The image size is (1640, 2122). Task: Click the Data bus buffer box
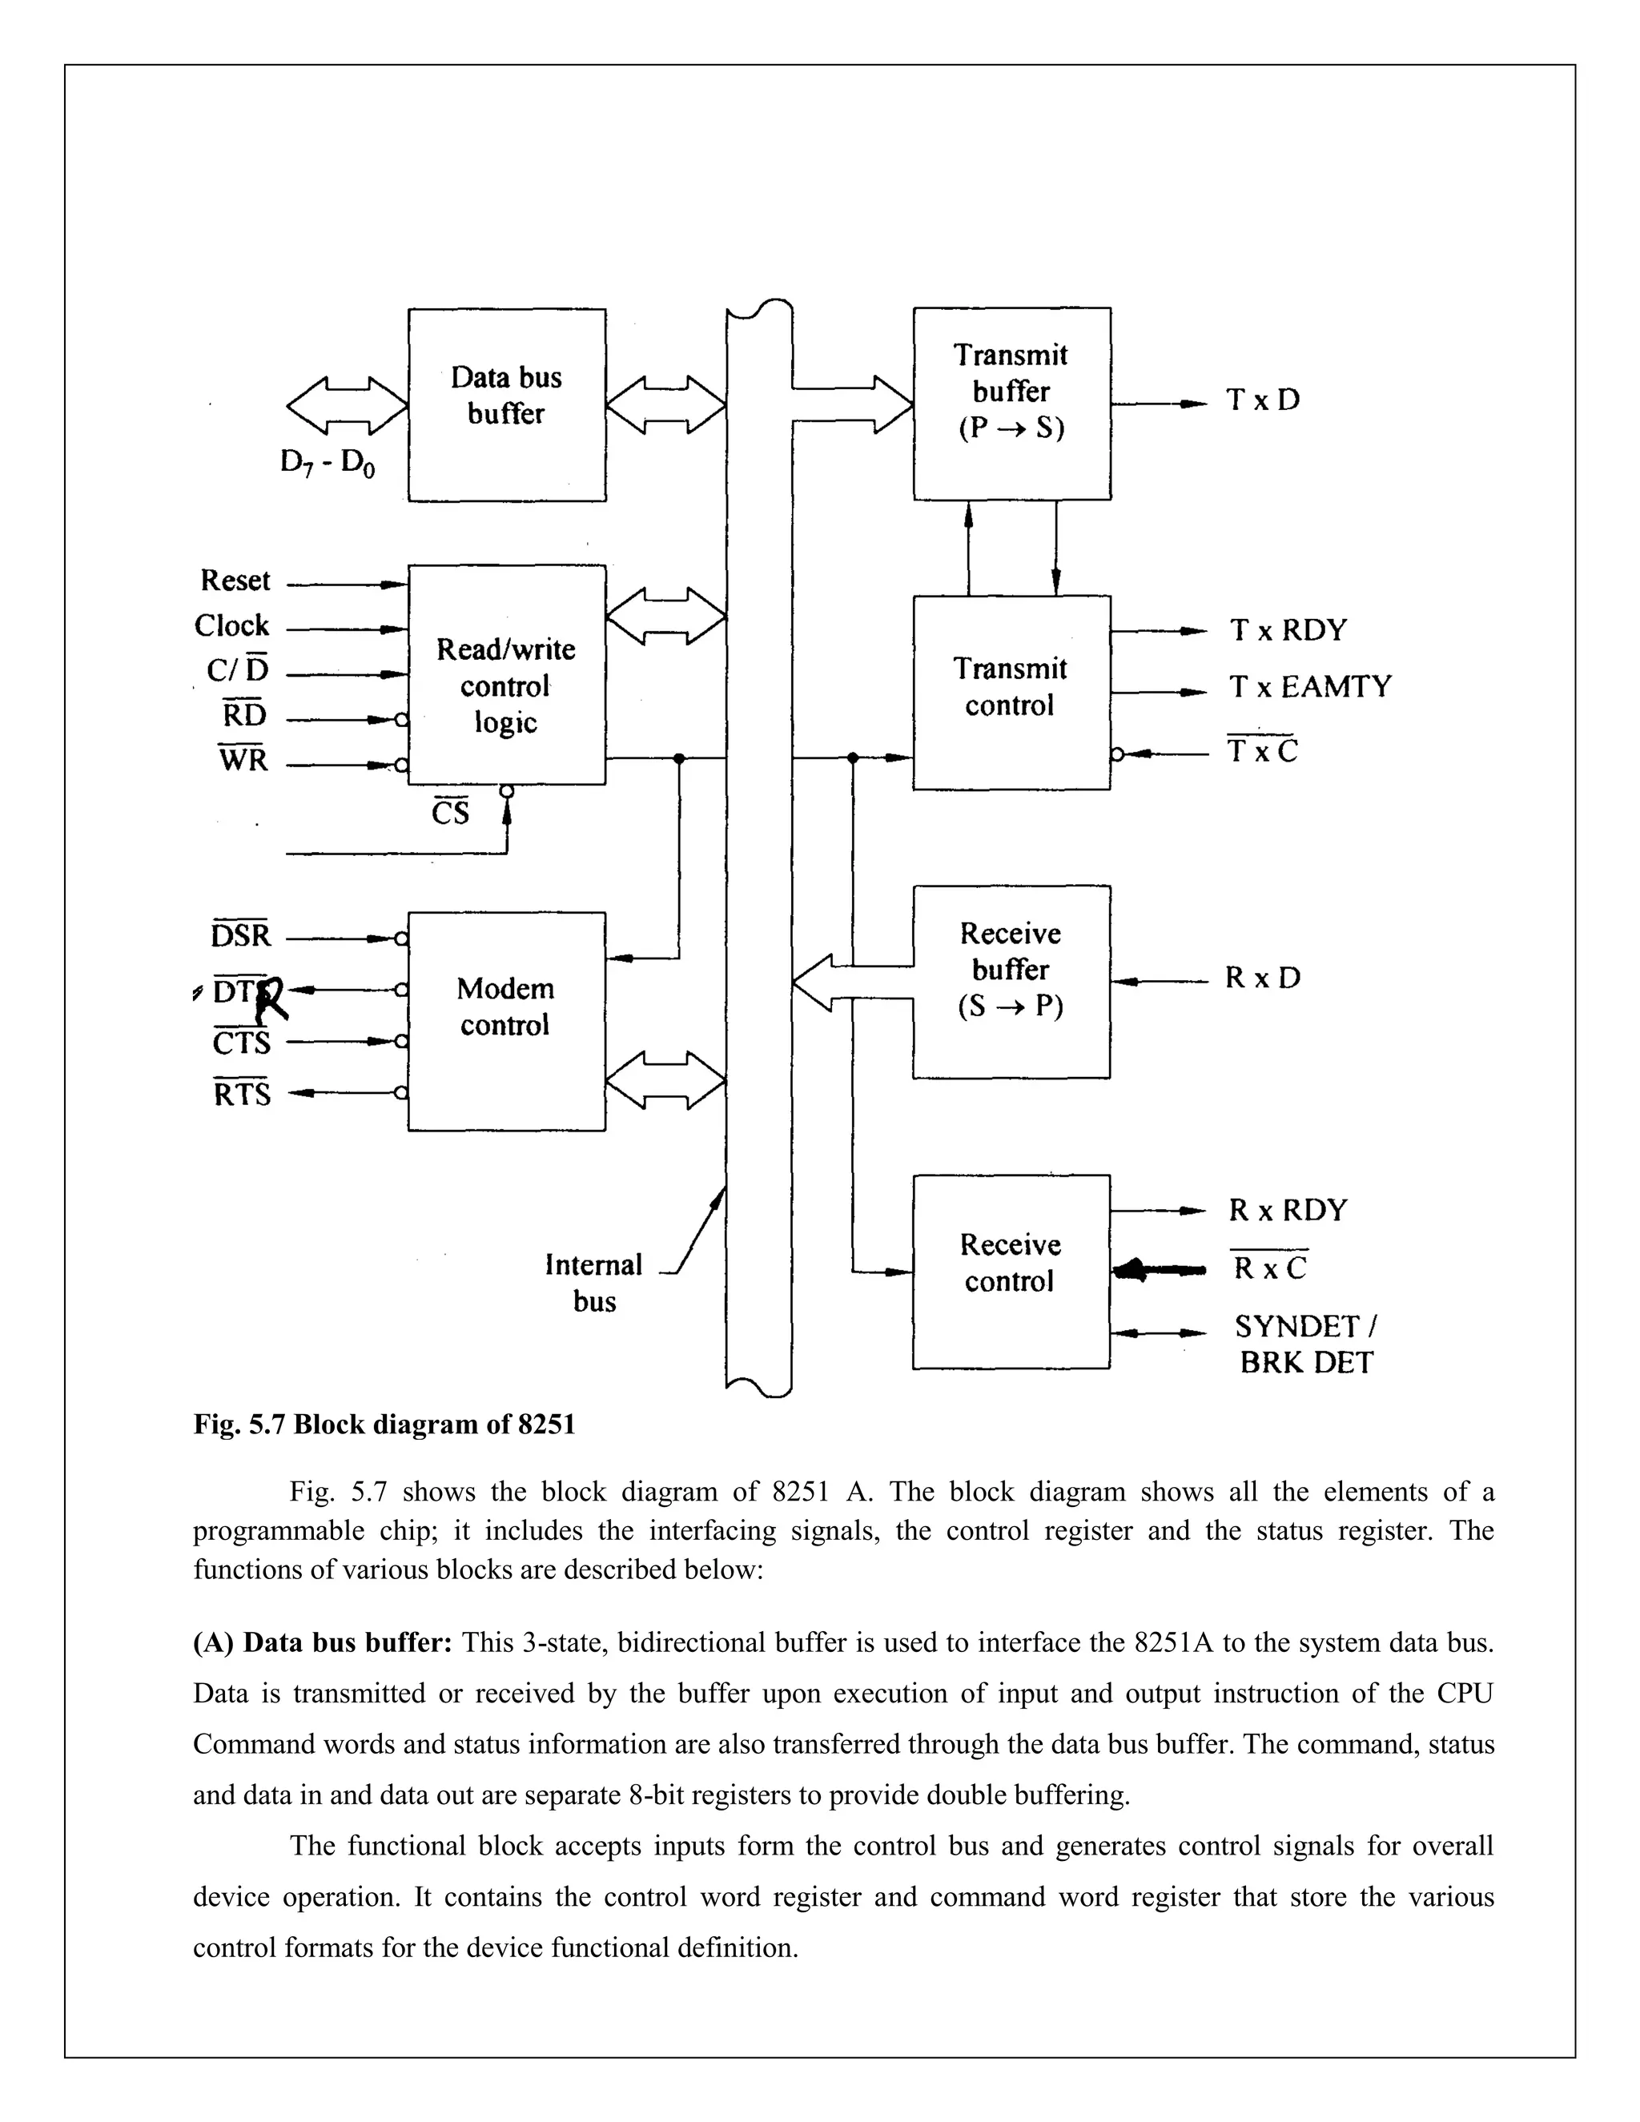coord(506,404)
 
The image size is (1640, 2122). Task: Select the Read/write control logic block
coord(506,675)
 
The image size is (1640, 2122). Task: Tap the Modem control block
coord(506,1020)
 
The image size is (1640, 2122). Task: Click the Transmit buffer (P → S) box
coord(1011,404)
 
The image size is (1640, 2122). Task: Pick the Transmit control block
coord(1011,692)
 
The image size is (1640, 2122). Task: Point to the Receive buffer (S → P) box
coord(1011,982)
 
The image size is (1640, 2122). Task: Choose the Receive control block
coord(1011,1271)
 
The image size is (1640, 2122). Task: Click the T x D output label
coord(1262,400)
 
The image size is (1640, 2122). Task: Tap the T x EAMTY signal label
coord(1309,687)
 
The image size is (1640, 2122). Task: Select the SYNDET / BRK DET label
coord(1306,1344)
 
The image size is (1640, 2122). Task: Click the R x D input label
coord(1262,978)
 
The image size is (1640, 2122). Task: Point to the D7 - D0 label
coord(328,463)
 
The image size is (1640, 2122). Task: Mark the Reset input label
coord(235,581)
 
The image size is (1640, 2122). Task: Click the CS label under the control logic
coord(450,811)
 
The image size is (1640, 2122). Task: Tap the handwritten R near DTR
coord(273,1001)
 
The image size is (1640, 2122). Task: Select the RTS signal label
coord(242,1094)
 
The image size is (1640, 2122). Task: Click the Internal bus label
coord(593,1283)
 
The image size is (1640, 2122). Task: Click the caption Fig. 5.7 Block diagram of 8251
coord(384,1425)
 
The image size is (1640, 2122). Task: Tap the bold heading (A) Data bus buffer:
coord(323,1643)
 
